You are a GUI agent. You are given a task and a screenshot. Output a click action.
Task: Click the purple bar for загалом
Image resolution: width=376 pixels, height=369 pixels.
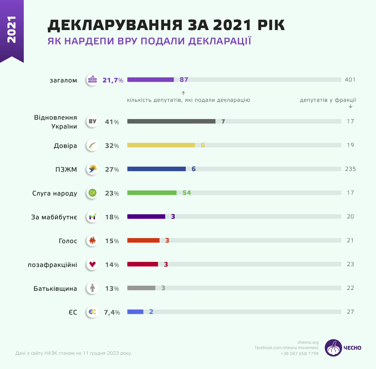click(150, 79)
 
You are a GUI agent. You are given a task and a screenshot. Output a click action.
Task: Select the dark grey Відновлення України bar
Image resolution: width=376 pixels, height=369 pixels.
click(171, 121)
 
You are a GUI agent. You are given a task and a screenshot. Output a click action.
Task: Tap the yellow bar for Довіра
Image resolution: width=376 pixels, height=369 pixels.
click(161, 145)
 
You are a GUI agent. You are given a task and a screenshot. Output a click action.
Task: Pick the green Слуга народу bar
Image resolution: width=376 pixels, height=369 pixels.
click(152, 193)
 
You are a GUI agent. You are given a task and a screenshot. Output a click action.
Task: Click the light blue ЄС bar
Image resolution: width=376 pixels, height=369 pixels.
click(135, 312)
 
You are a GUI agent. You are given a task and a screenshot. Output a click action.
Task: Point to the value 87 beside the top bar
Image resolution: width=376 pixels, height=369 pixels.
click(184, 79)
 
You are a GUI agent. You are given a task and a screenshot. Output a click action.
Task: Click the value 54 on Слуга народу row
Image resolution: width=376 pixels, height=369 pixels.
click(187, 193)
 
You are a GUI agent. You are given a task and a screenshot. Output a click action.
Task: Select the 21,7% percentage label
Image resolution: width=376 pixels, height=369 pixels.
click(113, 80)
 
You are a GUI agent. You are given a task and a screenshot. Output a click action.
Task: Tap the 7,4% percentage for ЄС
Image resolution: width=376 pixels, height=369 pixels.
click(112, 312)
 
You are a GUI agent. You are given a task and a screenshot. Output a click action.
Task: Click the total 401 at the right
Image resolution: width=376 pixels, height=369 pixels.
click(350, 79)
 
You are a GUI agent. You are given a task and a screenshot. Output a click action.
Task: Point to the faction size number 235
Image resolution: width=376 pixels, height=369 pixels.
click(350, 169)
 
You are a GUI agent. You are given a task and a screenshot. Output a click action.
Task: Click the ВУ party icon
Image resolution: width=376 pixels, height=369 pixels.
click(92, 121)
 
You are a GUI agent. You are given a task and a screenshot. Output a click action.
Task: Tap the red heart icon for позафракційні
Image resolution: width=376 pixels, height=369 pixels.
click(92, 264)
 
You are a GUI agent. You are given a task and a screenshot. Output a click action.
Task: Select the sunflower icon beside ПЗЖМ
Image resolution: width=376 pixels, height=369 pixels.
click(93, 169)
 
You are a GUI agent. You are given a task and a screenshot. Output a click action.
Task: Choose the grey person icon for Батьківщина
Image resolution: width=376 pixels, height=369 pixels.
click(92, 288)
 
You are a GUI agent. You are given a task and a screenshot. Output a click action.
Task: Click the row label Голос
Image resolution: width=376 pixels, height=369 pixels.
click(68, 241)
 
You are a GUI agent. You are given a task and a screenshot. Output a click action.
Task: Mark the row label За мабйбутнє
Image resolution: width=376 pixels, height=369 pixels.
click(54, 217)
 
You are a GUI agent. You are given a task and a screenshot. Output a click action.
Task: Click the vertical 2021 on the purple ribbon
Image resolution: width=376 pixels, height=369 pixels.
click(12, 29)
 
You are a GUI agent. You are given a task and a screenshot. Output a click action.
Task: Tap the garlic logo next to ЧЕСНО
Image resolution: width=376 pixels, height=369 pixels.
click(333, 348)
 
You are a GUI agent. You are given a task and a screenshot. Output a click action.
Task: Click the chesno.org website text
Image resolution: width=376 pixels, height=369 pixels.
click(308, 342)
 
